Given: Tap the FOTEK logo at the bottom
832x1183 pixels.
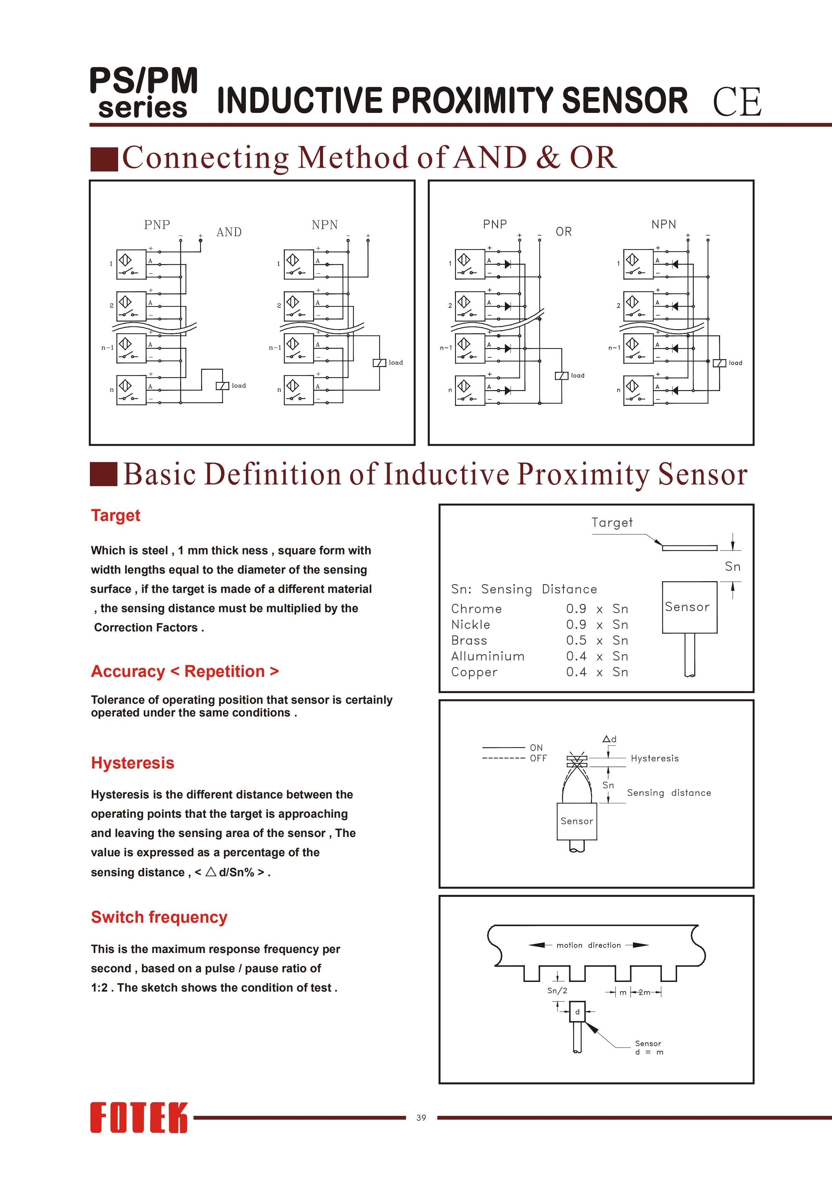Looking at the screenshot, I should (139, 1118).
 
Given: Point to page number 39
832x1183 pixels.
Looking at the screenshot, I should (421, 1118).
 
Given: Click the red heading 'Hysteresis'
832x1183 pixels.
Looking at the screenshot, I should (133, 763).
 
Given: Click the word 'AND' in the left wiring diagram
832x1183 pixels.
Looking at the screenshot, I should (229, 232).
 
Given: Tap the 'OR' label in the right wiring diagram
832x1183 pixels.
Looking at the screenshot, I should (563, 232).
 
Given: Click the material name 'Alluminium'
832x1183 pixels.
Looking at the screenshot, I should (488, 657).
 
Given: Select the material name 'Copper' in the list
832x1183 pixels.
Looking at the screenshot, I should (474, 672).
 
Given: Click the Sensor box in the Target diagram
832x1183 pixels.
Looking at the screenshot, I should (689, 607).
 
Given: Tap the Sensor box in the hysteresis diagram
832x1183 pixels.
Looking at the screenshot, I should (577, 821).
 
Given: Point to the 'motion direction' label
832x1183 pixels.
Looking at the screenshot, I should (589, 945).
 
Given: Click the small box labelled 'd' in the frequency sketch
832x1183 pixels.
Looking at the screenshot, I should (578, 1012).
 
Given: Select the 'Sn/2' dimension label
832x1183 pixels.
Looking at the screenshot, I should (557, 990).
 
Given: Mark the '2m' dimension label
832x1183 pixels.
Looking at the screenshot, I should (644, 992).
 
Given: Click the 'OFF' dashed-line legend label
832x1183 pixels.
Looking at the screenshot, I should (538, 758).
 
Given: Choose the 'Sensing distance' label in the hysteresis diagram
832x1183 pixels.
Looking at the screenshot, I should (668, 793).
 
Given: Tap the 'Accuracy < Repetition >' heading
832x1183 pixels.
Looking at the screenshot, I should (185, 671).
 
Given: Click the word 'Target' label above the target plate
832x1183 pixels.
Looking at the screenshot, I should (612, 522).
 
